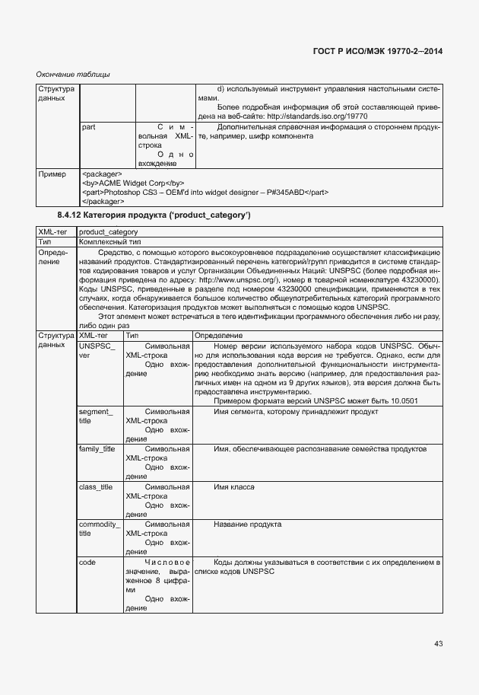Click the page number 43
[438, 644]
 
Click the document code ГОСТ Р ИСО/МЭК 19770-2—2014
[378, 51]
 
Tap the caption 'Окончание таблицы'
[73, 74]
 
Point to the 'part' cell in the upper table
[87, 127]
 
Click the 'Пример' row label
[52, 174]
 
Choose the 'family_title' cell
[97, 449]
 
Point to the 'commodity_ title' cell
[99, 528]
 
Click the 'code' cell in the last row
[87, 562]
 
